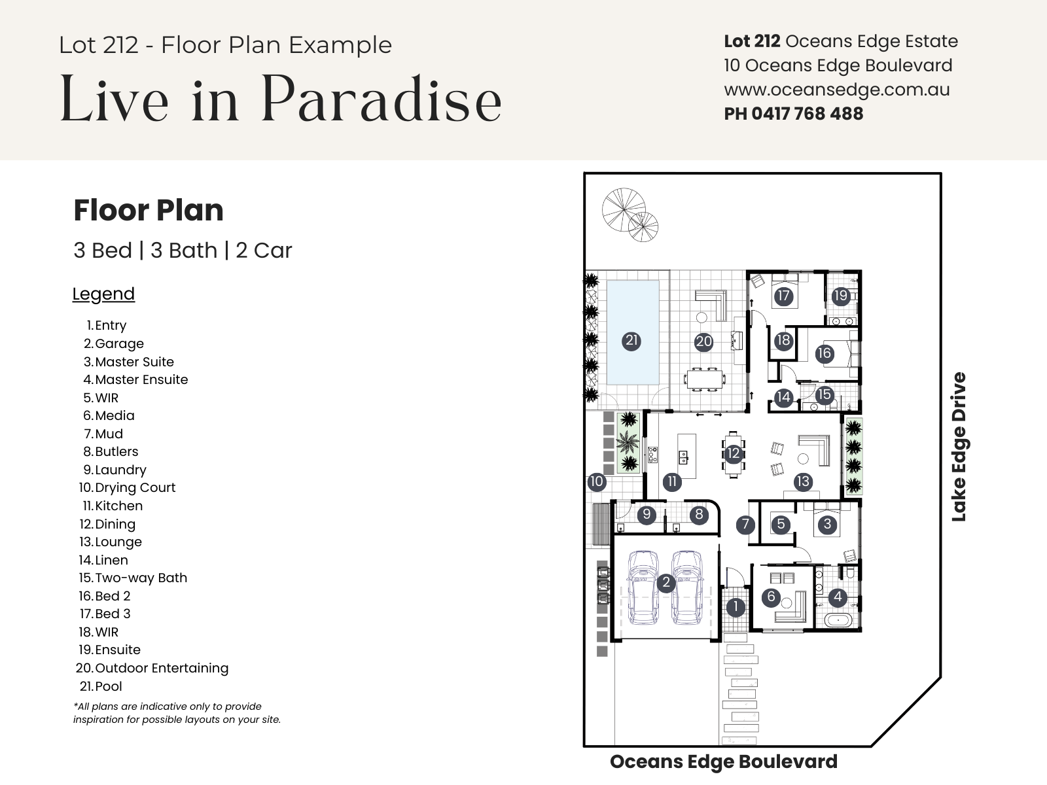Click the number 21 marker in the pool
click(x=631, y=341)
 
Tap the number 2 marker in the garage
click(x=666, y=582)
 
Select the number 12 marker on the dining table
click(x=733, y=453)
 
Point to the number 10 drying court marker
click(x=596, y=481)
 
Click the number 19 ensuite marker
click(x=840, y=296)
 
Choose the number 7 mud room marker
click(x=745, y=525)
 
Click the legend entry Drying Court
click(x=135, y=487)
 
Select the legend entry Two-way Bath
click(x=141, y=578)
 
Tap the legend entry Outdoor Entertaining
click(x=162, y=668)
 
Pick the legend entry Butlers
click(x=116, y=451)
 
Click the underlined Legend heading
click(x=103, y=294)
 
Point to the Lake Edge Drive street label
click(x=959, y=447)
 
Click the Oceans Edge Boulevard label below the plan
click(x=724, y=761)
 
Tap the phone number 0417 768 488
click(x=807, y=114)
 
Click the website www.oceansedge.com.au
click(x=837, y=90)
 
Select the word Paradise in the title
click(x=381, y=99)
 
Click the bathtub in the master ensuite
click(x=838, y=620)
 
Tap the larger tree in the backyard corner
click(x=624, y=210)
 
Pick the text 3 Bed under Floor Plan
click(x=103, y=251)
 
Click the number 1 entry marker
click(x=736, y=607)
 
